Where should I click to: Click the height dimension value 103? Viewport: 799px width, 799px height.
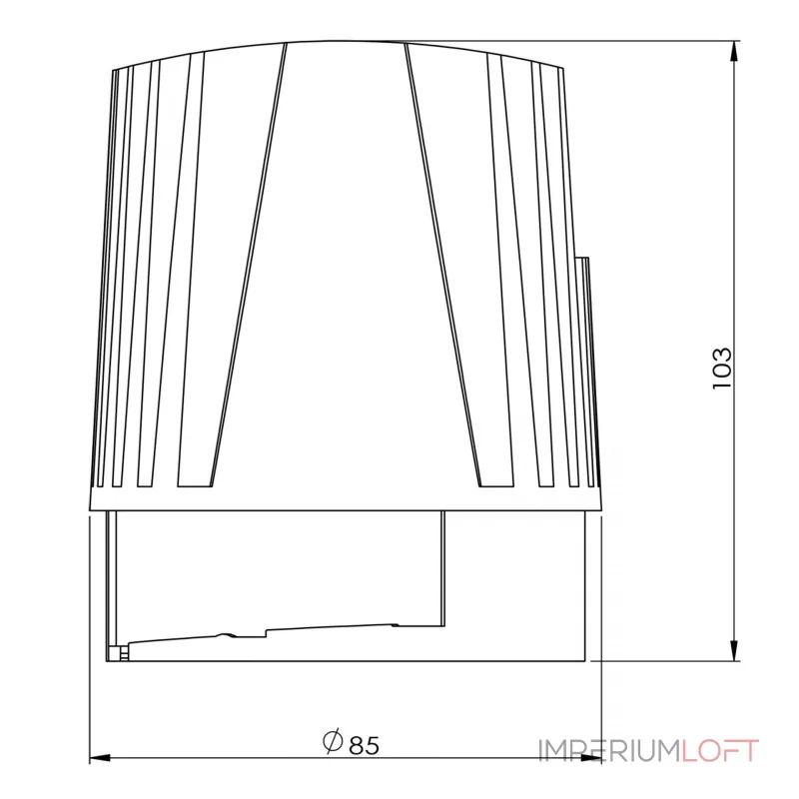[x=721, y=369]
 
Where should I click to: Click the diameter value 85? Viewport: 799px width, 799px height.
[x=365, y=745]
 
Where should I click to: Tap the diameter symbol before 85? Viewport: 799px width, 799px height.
[x=333, y=742]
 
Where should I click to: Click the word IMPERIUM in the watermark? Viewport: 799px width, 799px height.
[x=610, y=751]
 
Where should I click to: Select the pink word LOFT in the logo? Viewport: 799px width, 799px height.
[x=720, y=751]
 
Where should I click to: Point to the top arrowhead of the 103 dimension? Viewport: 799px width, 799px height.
[x=734, y=51]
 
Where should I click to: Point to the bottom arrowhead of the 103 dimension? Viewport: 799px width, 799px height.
[x=734, y=651]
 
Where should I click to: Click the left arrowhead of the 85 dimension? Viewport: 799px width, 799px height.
[x=100, y=758]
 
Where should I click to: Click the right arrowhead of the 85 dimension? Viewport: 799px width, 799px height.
[x=591, y=758]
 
